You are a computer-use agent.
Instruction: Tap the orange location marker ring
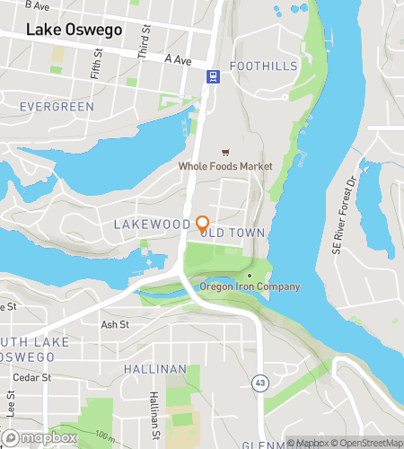click(x=203, y=223)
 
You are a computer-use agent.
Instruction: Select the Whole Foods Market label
click(x=224, y=166)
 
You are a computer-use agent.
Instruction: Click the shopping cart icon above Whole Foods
click(x=224, y=151)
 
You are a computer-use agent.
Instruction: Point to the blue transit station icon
click(x=213, y=77)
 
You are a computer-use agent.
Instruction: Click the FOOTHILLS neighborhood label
click(x=262, y=66)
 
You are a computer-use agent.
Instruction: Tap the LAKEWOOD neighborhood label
click(x=152, y=223)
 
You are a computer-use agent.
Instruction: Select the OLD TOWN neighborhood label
click(x=235, y=233)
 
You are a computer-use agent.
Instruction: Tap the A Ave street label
click(x=180, y=58)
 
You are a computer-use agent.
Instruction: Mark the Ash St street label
click(x=115, y=325)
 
